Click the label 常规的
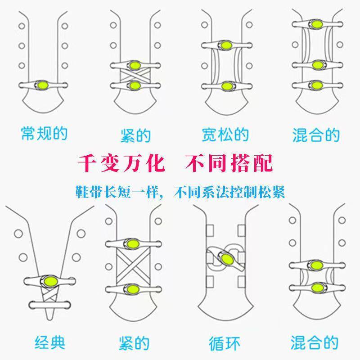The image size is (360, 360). point(44,134)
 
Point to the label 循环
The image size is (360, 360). point(224,343)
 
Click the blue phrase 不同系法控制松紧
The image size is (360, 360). point(224,191)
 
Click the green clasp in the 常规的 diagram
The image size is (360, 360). point(44,84)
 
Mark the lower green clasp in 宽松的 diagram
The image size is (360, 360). point(225,85)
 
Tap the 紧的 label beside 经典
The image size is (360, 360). point(135,343)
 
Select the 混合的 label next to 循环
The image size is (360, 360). point(315,343)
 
